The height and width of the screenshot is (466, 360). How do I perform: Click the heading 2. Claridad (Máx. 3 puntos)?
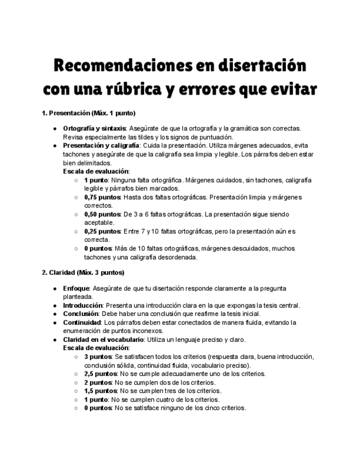click(x=83, y=273)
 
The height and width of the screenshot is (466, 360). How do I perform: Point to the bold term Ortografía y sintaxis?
click(x=95, y=129)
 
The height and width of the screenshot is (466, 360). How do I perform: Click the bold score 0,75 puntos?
click(x=102, y=197)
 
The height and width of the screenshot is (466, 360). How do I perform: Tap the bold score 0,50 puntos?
click(x=102, y=214)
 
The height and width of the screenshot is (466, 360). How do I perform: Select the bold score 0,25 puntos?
click(x=102, y=231)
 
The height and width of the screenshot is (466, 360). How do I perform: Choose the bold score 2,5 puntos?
click(x=101, y=374)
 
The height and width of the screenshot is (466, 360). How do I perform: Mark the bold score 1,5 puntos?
click(x=101, y=391)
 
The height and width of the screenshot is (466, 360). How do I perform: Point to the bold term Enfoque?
click(x=76, y=288)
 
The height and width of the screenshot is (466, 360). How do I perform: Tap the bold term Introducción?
click(x=82, y=305)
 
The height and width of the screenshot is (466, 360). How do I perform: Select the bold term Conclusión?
click(x=80, y=314)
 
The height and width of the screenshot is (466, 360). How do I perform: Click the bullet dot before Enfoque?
click(x=55, y=288)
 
